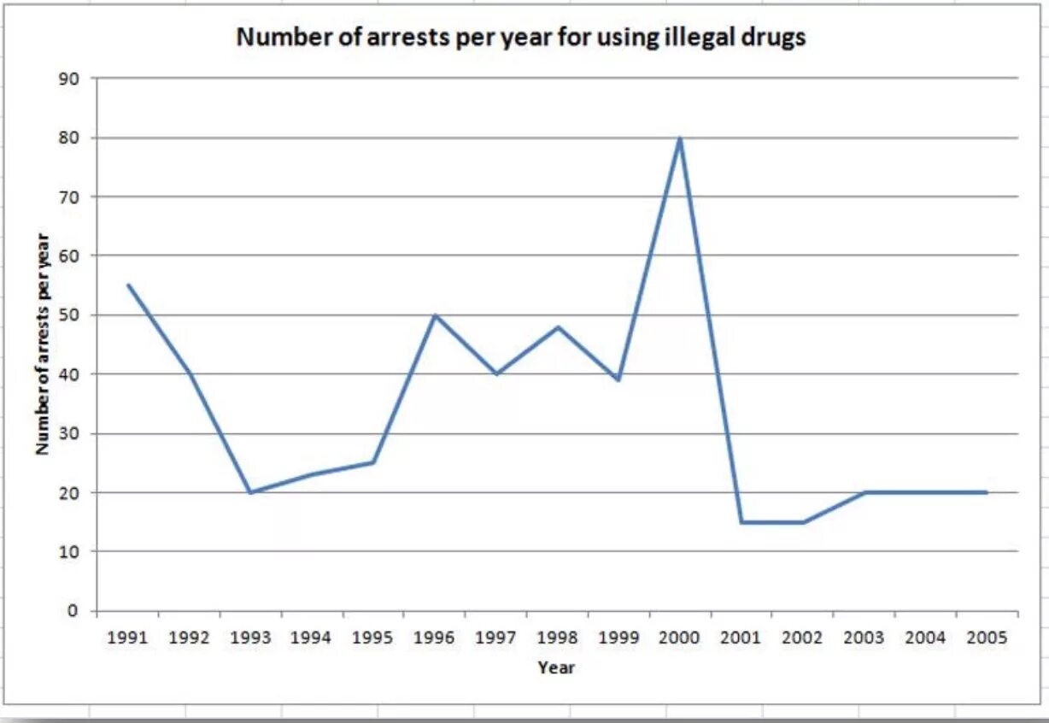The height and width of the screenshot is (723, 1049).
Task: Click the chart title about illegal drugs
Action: coord(520,38)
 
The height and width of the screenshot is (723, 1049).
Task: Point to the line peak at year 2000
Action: coord(680,138)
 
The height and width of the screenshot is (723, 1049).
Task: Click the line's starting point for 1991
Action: coord(128,285)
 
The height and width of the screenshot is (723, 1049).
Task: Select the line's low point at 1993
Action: coord(250,492)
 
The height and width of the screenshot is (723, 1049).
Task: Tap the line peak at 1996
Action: coord(435,315)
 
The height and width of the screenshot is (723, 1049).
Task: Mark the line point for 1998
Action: coord(557,327)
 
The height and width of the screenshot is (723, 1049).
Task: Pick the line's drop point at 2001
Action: coord(741,522)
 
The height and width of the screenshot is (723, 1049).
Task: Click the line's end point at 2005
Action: coord(987,492)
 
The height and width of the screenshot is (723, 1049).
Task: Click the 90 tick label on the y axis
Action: coord(68,79)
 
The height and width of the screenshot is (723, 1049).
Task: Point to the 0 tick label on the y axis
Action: coord(73,611)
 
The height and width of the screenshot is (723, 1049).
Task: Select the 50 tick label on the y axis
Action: coord(68,315)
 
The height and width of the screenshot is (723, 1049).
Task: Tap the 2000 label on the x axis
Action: coord(680,638)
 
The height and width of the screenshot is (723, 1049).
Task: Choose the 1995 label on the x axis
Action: coord(373,638)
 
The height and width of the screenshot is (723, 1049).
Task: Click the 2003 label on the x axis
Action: coord(864,638)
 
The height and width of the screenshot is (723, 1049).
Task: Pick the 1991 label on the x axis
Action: coord(128,638)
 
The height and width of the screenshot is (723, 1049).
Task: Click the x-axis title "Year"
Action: coord(556,667)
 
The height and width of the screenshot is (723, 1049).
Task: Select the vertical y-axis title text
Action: coord(43,344)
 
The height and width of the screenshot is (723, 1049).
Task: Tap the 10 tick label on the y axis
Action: coord(68,552)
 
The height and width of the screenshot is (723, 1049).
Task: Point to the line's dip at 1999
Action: coord(618,379)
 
